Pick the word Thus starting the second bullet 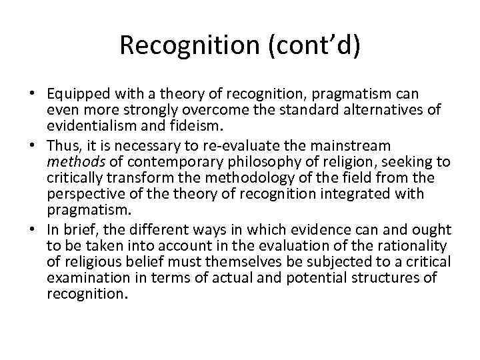point(63,145)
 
